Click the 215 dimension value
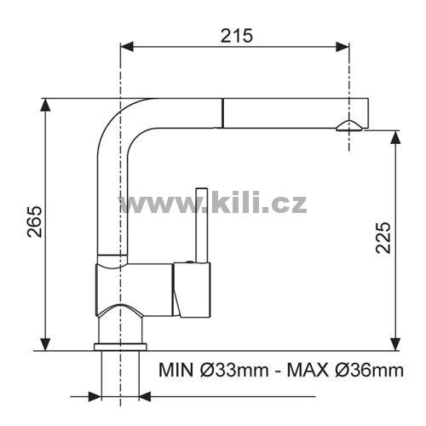coord(237,36)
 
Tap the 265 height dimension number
coord(34,222)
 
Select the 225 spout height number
coord(383,238)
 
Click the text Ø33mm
coord(234,371)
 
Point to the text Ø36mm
coord(369,371)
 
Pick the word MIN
coord(177,371)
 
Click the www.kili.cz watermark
coord(213,202)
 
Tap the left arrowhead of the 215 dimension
coord(127,47)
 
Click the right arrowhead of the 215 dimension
coord(343,47)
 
